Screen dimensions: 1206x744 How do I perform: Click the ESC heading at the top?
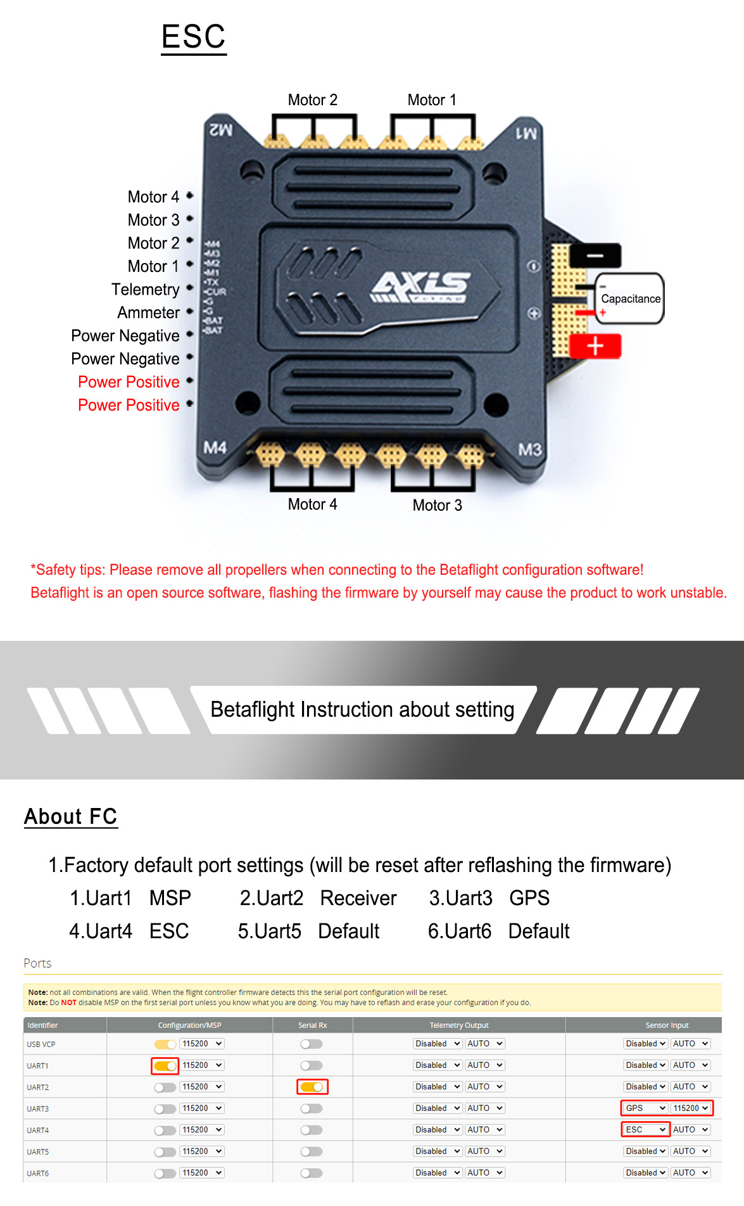(x=194, y=37)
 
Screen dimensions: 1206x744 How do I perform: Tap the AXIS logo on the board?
(x=420, y=286)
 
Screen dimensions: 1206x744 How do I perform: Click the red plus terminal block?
(x=595, y=347)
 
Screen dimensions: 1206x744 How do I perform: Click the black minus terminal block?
(x=595, y=255)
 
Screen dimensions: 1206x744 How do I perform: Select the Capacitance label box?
(x=630, y=298)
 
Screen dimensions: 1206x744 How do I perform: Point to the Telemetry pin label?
(x=146, y=290)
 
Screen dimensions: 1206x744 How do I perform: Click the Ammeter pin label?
(x=149, y=312)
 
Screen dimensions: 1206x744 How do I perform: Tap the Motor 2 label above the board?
(x=312, y=100)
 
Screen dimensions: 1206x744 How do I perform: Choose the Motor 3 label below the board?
(x=437, y=505)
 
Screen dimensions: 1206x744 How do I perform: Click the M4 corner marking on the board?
(x=215, y=448)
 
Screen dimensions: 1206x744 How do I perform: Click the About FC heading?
(x=71, y=817)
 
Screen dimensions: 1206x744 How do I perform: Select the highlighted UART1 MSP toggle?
(x=165, y=1066)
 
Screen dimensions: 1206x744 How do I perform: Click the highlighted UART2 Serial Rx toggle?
(x=312, y=1087)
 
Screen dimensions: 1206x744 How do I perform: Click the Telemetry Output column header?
(x=459, y=1025)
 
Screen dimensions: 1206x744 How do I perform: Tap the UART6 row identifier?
(x=38, y=1174)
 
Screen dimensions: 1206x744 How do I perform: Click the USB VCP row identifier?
(x=41, y=1044)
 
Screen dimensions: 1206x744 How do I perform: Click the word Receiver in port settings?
(x=358, y=898)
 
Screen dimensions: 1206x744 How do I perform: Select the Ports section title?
(x=37, y=963)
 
